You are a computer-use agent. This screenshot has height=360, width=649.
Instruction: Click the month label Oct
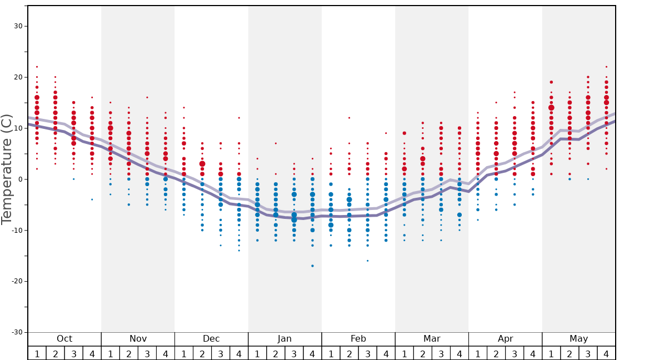click(x=64, y=339)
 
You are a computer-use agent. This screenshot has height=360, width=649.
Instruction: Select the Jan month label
click(x=284, y=339)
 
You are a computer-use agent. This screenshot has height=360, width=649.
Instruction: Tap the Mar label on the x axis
click(x=432, y=339)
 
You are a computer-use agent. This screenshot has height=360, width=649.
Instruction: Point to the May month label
click(x=578, y=339)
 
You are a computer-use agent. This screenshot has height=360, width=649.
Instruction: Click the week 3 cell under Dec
click(x=221, y=353)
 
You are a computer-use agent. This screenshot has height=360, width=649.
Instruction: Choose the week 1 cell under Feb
click(x=331, y=353)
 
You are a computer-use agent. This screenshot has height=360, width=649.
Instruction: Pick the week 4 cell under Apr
click(x=533, y=353)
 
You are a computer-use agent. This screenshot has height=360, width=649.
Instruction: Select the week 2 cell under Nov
click(x=129, y=353)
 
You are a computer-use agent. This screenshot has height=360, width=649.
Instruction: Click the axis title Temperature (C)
click(x=7, y=169)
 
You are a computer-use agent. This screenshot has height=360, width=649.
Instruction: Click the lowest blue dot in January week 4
click(x=312, y=266)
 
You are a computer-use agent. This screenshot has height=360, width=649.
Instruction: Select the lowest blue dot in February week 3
click(x=367, y=261)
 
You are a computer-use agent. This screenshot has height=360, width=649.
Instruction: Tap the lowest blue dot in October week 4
click(x=92, y=199)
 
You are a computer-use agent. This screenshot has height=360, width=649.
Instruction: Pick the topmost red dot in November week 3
click(x=147, y=97)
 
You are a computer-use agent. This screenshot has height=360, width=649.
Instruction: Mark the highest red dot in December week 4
click(x=239, y=118)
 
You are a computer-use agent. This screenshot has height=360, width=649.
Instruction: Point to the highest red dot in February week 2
click(x=349, y=118)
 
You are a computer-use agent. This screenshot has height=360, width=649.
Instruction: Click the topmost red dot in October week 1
click(x=37, y=67)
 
